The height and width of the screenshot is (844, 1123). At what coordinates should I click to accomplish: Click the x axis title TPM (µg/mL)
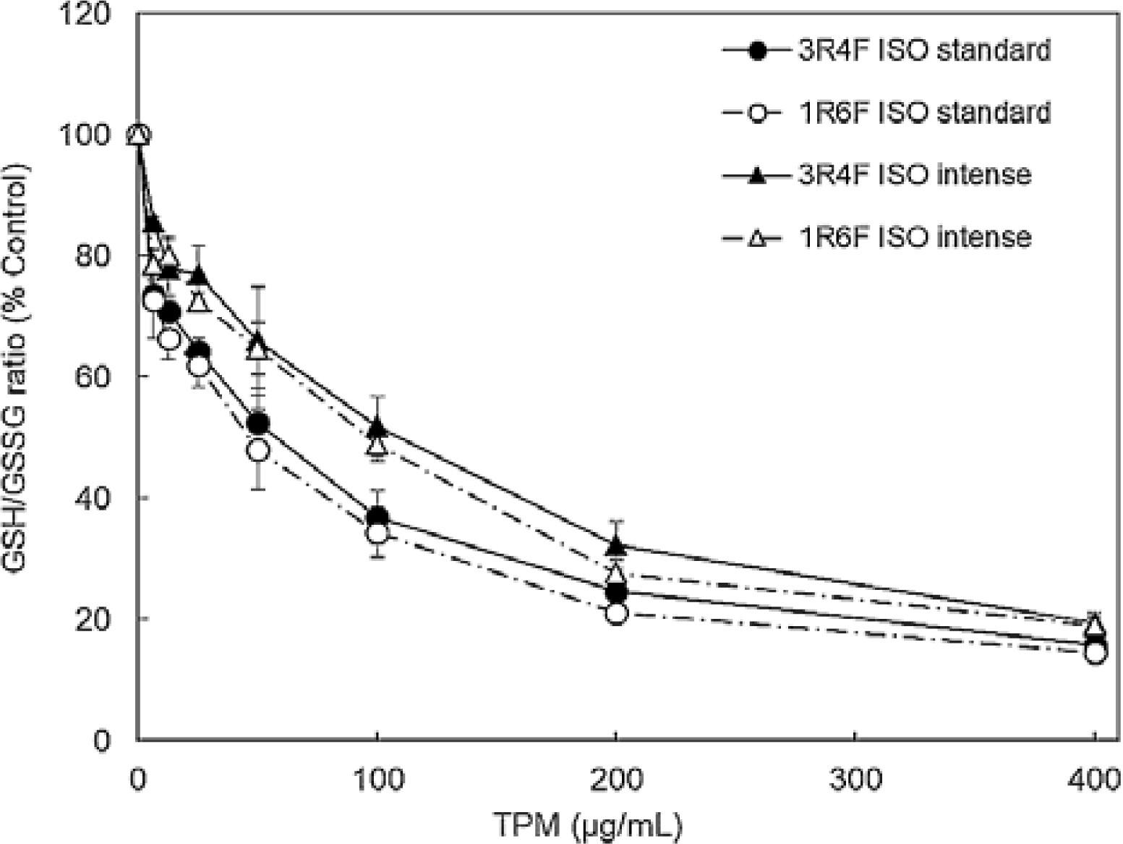click(x=589, y=824)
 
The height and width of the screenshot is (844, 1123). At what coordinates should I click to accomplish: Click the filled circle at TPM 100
click(x=377, y=518)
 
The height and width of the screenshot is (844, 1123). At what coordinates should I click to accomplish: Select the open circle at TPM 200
click(x=616, y=613)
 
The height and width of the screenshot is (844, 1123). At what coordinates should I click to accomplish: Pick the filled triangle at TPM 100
click(x=377, y=426)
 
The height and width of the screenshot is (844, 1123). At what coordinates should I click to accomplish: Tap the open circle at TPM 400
click(x=1095, y=653)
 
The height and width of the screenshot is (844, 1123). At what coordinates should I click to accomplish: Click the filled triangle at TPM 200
click(x=616, y=544)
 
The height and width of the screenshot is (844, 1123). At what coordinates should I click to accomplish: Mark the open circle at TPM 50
click(x=257, y=450)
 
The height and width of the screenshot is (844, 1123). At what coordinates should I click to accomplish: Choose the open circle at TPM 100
click(x=377, y=533)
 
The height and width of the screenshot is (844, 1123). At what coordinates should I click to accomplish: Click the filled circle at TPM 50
click(x=257, y=423)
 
